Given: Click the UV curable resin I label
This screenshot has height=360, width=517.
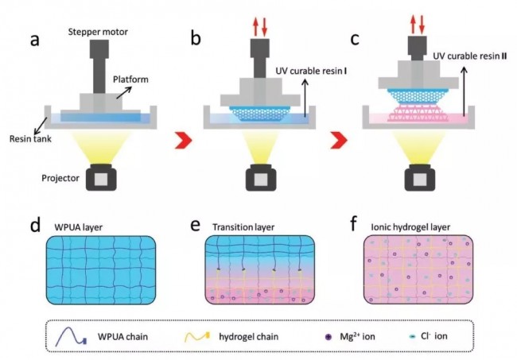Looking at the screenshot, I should coord(311,71).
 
